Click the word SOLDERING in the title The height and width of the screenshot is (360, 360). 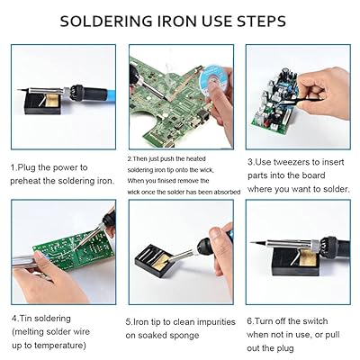(x=106, y=22)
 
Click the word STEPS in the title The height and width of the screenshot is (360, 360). (x=260, y=22)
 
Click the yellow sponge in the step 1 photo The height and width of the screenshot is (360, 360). (x=51, y=100)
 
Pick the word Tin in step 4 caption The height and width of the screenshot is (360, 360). (x=26, y=319)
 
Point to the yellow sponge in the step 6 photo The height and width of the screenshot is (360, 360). (x=309, y=257)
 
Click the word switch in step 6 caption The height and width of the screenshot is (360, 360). (x=315, y=321)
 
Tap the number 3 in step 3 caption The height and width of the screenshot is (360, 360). (x=250, y=162)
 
